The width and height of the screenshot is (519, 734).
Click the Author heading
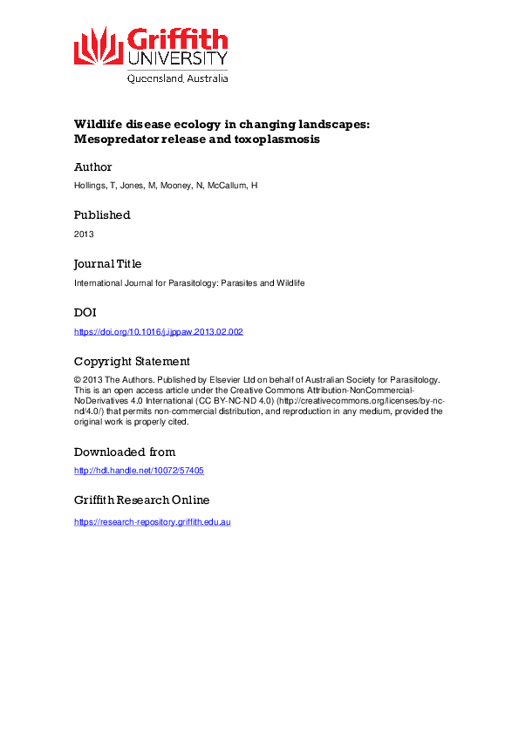[x=92, y=167]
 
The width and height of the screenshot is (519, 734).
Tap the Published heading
[x=102, y=215]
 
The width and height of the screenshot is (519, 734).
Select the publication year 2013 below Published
[x=84, y=234]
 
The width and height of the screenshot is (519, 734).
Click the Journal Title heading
[x=107, y=263]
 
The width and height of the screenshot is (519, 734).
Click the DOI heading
[x=85, y=312]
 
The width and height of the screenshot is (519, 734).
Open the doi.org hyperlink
[x=158, y=331]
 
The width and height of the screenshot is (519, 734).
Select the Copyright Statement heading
[x=132, y=361]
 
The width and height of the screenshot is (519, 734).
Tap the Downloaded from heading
[x=124, y=452]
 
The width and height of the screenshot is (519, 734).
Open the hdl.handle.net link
[x=139, y=471]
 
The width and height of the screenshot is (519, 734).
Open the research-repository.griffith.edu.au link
[x=152, y=521]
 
